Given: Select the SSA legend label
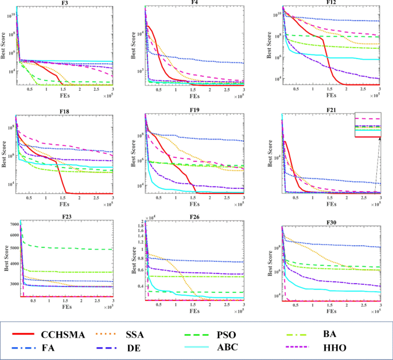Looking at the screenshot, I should coord(152,334).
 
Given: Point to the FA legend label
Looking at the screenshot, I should coord(48,347).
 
